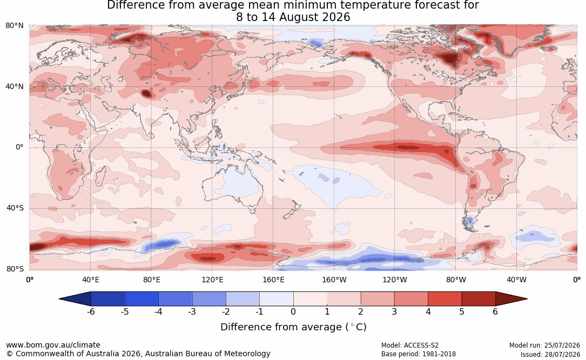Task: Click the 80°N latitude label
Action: [x=14, y=26]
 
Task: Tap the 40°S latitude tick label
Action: [x=15, y=208]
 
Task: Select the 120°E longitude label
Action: [x=212, y=280]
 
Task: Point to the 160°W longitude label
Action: [x=334, y=280]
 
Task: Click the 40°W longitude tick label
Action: [x=516, y=280]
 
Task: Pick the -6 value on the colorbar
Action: [x=91, y=311]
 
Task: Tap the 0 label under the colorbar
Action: [x=293, y=311]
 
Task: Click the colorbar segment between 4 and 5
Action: [x=444, y=299]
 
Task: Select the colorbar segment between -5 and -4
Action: [x=142, y=299]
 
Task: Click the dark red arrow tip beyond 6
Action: [x=511, y=299]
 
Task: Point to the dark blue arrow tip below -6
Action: [x=75, y=299]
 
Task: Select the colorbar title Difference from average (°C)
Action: [x=293, y=327]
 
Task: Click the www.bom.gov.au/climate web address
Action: [x=53, y=345]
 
